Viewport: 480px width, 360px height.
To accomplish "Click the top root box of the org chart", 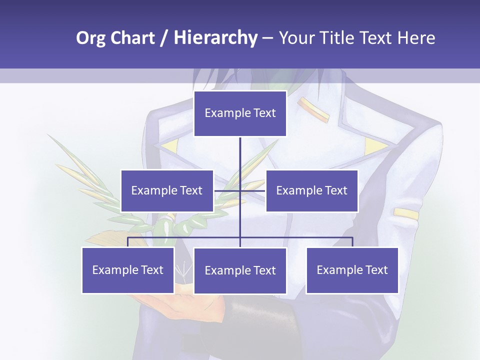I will [240, 113].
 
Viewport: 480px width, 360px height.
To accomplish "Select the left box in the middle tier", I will [167, 190].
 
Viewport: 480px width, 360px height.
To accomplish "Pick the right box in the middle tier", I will [312, 190].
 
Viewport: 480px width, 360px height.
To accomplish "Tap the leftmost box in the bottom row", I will [128, 270].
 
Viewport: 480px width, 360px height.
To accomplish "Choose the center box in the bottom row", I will [240, 270].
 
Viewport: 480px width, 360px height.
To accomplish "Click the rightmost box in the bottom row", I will [352, 270].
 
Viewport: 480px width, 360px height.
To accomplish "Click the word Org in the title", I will [90, 38].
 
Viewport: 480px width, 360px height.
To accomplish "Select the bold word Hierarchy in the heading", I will [215, 38].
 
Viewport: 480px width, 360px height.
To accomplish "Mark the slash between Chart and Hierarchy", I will [164, 38].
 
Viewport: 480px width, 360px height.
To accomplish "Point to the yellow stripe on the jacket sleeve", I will [406, 213].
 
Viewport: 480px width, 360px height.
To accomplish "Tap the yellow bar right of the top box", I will [313, 109].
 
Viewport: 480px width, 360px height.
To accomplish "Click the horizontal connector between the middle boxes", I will [240, 190].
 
